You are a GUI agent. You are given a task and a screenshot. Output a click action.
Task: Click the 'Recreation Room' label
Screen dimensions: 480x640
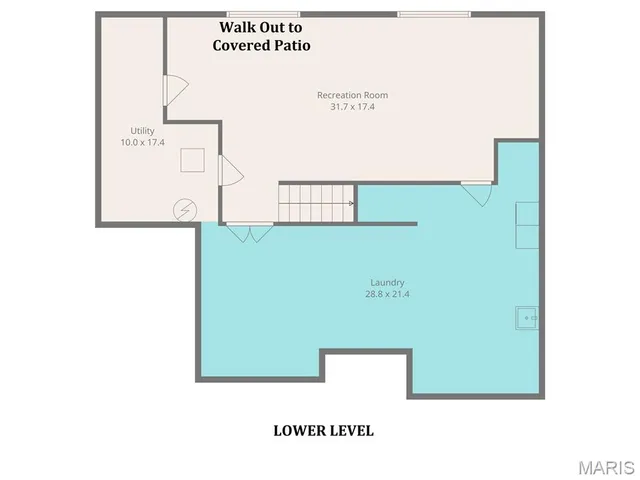[x=352, y=95]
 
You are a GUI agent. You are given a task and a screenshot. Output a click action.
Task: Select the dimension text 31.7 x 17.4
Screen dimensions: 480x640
[x=352, y=107]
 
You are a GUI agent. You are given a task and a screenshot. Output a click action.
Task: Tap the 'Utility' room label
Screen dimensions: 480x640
[x=142, y=131]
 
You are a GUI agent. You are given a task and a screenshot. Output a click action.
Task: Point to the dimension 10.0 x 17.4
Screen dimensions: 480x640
[x=142, y=143]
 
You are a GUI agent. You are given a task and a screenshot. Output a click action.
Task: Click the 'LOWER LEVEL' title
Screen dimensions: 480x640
[x=323, y=431]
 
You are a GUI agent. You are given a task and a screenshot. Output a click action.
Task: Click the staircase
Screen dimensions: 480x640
[x=316, y=203]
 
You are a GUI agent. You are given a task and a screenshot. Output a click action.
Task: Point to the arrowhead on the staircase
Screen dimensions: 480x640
[x=350, y=203]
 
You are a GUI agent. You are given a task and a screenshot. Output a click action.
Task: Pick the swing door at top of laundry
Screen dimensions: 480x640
[x=477, y=192]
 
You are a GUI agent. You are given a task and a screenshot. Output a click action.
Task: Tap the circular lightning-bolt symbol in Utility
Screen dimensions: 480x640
[x=185, y=209]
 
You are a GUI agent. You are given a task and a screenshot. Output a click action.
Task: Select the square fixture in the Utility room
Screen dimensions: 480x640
[x=192, y=160]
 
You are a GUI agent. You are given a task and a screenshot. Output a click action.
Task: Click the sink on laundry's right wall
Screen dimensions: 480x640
[x=527, y=318]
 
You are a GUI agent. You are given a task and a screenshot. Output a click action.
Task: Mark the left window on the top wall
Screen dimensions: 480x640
[x=235, y=14]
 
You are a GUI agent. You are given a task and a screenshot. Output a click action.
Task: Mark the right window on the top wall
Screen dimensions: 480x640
[x=434, y=14]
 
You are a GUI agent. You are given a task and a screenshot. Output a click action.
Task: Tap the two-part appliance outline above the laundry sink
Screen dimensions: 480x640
[x=527, y=225]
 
